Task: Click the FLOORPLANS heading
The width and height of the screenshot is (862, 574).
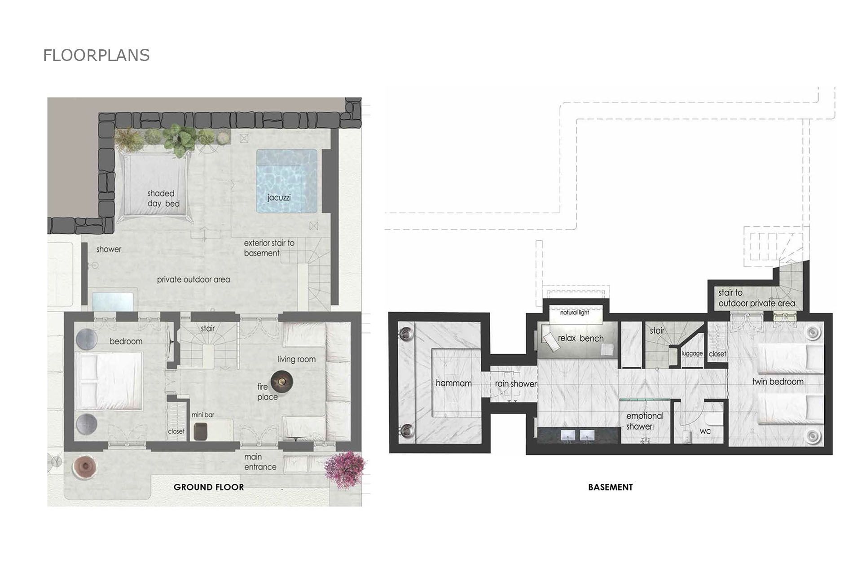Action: click(96, 55)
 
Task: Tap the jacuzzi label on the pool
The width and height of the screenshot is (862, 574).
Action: click(279, 197)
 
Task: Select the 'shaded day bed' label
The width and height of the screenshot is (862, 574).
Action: click(163, 199)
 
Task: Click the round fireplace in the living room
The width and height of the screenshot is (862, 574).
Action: click(282, 381)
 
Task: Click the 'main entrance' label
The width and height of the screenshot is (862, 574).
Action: click(260, 462)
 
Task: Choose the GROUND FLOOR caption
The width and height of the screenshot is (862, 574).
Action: click(209, 487)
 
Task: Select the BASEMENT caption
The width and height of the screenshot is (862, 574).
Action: click(610, 487)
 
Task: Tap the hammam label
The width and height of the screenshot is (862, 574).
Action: click(453, 383)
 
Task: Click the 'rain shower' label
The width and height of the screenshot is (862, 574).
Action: click(515, 384)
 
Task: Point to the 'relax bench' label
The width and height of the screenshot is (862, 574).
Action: click(581, 338)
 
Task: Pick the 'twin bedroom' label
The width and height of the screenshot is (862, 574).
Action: click(778, 382)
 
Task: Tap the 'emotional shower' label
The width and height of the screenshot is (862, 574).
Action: click(644, 421)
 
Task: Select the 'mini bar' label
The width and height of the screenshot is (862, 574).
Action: click(203, 415)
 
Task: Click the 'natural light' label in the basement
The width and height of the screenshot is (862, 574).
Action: click(574, 313)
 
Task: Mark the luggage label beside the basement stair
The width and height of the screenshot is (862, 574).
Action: click(692, 353)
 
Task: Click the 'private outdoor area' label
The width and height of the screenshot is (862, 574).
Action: click(194, 279)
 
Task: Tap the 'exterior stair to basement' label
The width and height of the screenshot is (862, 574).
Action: click(269, 248)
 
